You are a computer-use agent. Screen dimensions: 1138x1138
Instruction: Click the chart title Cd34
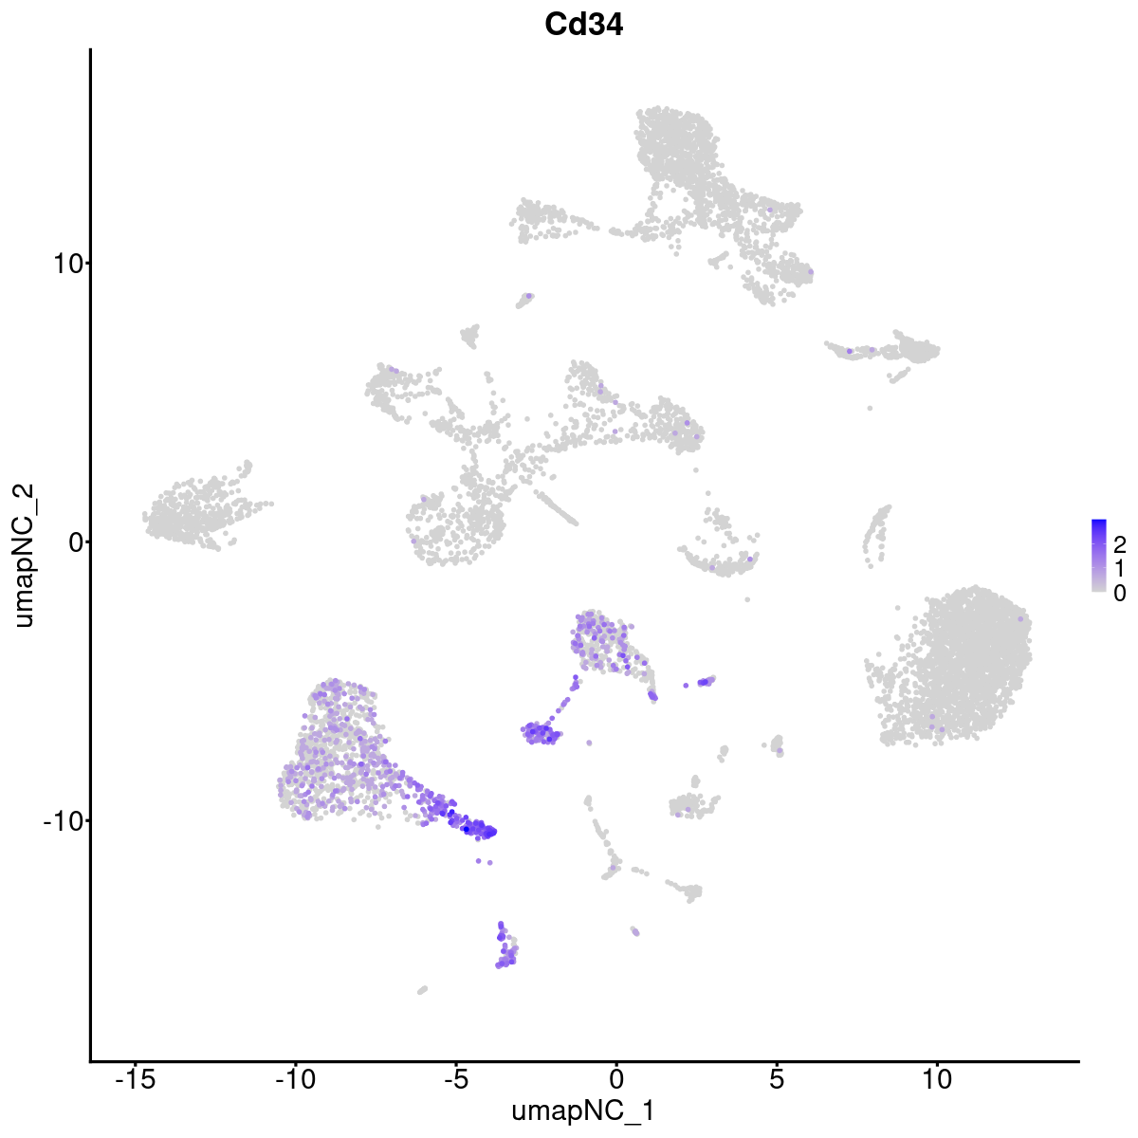point(583,26)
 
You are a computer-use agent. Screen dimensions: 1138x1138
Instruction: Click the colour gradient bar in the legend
point(1099,556)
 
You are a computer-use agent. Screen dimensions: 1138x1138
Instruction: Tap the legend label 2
point(1119,544)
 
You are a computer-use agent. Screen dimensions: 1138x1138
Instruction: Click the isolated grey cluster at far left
point(194,512)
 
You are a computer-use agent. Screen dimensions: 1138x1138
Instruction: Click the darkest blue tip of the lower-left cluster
point(479,830)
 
